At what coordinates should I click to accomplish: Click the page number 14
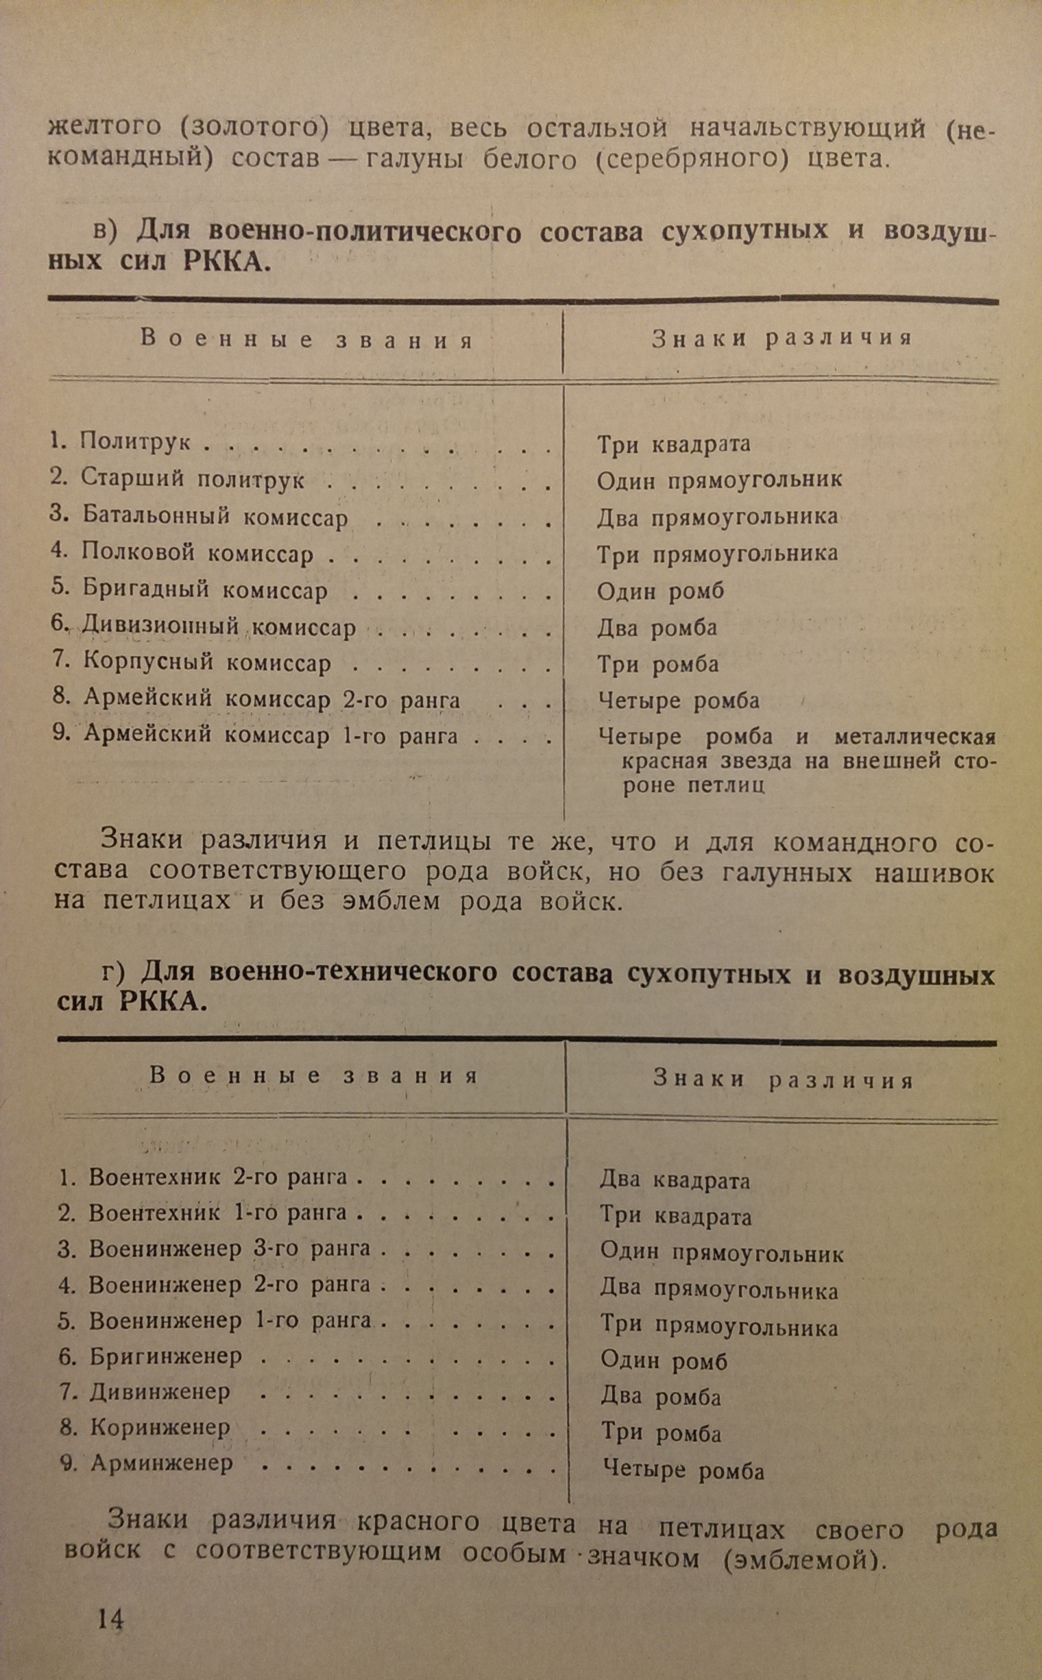pos(110,1619)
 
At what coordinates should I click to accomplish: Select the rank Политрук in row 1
pos(135,441)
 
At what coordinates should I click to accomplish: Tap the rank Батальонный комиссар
pos(215,516)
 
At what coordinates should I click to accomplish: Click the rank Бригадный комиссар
pos(205,590)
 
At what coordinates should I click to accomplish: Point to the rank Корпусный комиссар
pos(207,663)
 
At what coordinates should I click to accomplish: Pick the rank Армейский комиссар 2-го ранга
pos(271,699)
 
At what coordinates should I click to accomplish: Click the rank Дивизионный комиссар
pos(219,627)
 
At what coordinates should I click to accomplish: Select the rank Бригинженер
pos(165,1356)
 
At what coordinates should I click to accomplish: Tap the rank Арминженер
pos(162,1462)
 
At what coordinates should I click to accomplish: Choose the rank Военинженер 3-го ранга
pos(230,1249)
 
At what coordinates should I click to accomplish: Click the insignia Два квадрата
pos(674,1180)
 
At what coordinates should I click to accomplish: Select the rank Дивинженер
pos(159,1391)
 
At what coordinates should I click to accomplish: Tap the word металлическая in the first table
pos(914,737)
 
